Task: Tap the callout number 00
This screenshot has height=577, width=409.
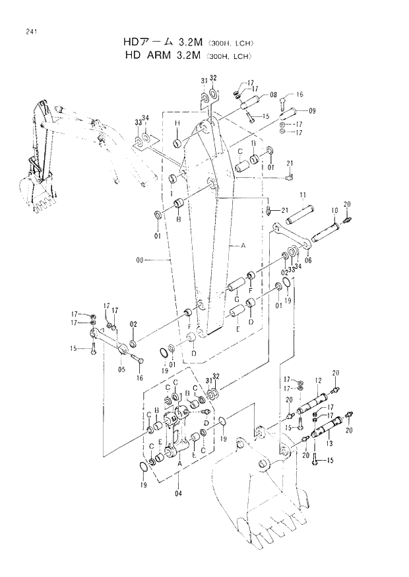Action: (x=139, y=261)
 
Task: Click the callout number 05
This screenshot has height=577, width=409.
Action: (x=122, y=369)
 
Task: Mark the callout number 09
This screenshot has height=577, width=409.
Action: (x=311, y=110)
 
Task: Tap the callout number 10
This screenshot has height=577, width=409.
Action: (x=334, y=210)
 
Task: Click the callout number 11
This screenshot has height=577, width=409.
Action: (x=301, y=195)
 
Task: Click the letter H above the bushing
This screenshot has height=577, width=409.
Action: (x=177, y=123)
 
